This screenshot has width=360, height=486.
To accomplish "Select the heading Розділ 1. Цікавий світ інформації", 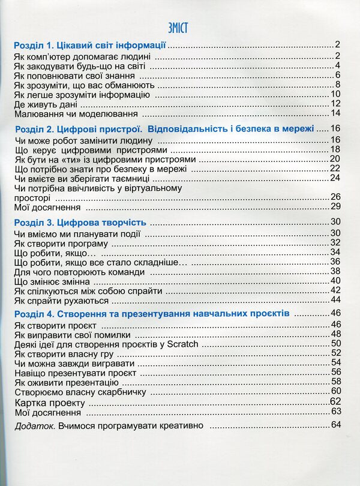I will pyautogui.click(x=89, y=46).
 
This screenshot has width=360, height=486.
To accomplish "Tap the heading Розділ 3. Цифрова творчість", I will pyautogui.click(x=80, y=223).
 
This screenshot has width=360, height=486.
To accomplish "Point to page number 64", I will pyautogui.click(x=335, y=425).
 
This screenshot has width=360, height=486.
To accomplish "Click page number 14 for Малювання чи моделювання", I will pyautogui.click(x=335, y=113).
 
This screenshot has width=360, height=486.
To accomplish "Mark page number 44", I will pyautogui.click(x=335, y=300).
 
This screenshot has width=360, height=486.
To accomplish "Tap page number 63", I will pyautogui.click(x=335, y=412).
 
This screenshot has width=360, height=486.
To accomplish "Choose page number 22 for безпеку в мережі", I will pyautogui.click(x=335, y=169).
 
